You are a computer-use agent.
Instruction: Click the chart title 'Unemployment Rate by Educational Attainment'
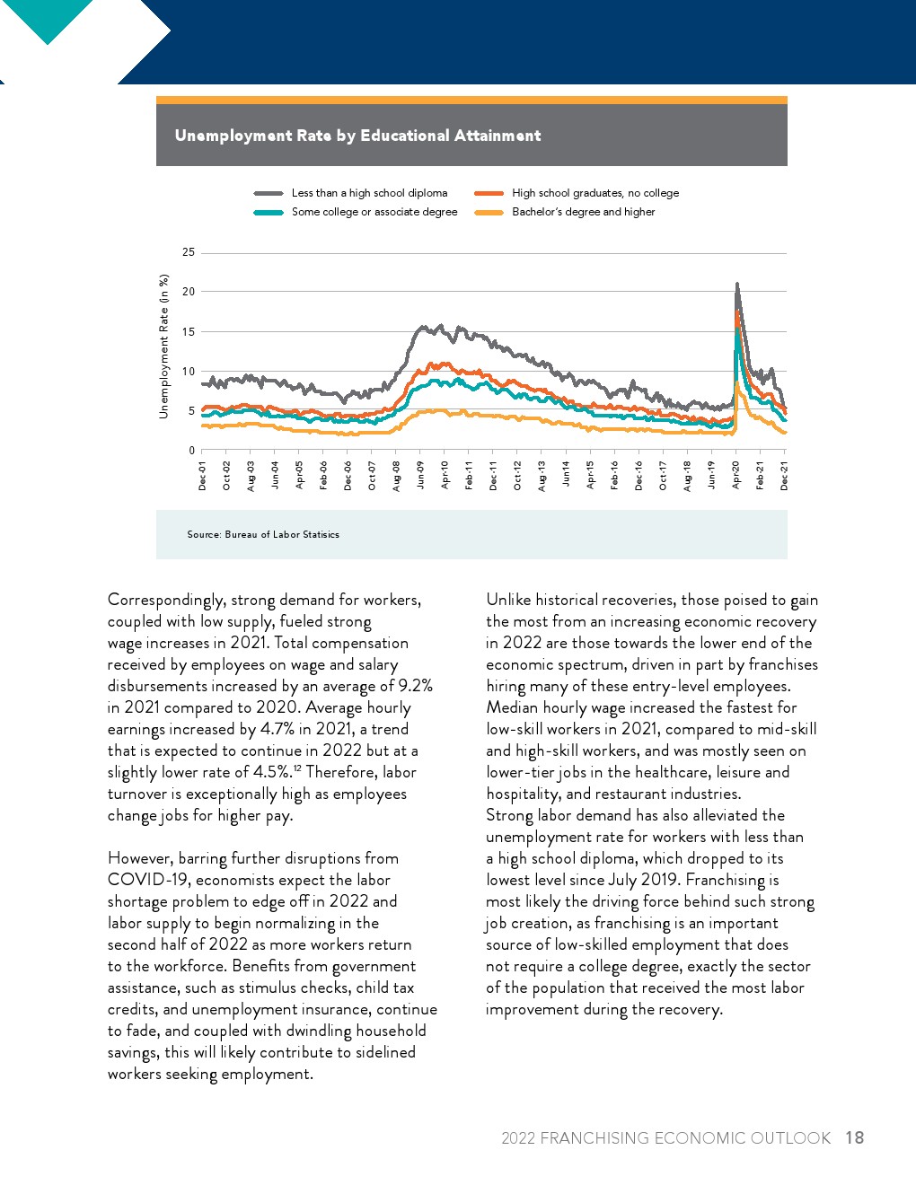(357, 136)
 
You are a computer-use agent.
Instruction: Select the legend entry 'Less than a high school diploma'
(369, 193)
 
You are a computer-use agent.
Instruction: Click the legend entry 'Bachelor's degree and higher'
(583, 212)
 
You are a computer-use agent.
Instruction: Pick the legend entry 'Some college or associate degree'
(374, 212)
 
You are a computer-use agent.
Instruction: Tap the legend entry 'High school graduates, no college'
(595, 193)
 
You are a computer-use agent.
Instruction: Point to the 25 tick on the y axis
(189, 252)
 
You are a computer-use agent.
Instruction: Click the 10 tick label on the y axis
(189, 372)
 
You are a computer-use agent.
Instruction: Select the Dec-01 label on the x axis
(203, 476)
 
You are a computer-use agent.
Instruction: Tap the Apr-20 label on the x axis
(736, 476)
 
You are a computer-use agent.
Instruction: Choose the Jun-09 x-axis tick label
(421, 476)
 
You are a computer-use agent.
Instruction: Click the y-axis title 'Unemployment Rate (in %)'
(163, 347)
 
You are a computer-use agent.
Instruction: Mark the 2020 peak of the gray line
(737, 285)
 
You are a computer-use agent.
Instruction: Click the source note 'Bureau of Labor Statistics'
(263, 534)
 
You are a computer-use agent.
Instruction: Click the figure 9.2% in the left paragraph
(415, 686)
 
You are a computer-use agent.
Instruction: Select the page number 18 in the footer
(854, 1137)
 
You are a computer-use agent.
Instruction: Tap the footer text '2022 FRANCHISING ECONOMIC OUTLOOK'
(665, 1138)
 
